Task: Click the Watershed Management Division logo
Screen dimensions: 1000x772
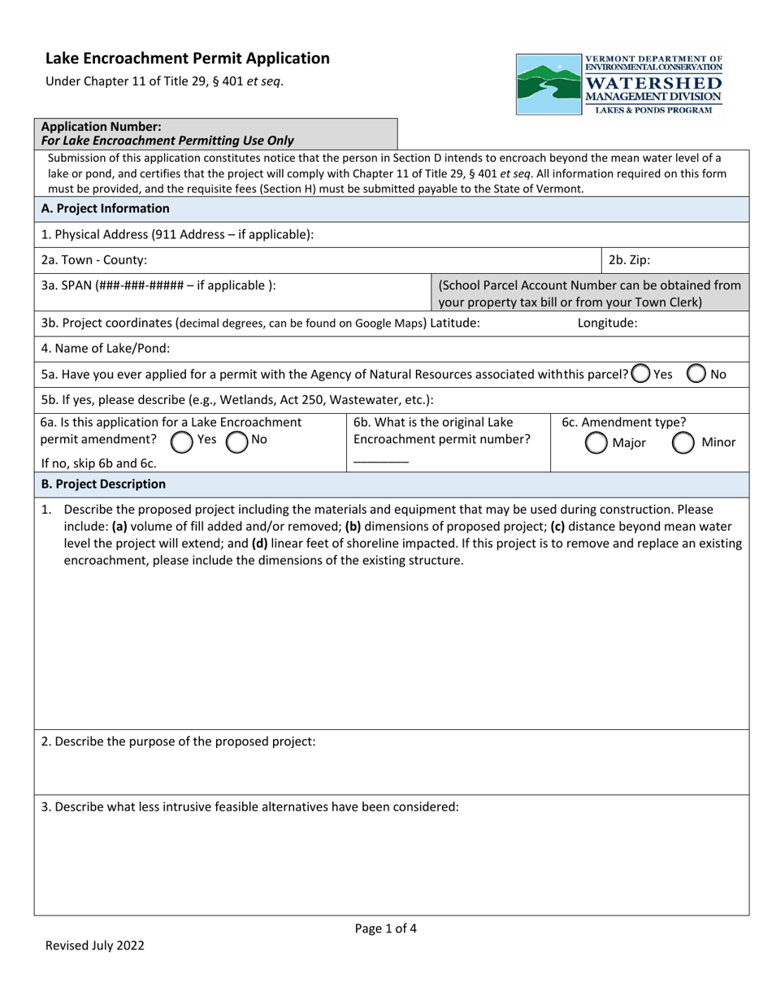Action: pyautogui.click(x=619, y=85)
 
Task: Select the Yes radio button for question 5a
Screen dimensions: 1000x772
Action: pyautogui.click(x=640, y=374)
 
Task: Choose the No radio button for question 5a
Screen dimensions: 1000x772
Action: pyautogui.click(x=696, y=374)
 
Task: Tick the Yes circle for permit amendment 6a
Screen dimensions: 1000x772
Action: pyautogui.click(x=181, y=441)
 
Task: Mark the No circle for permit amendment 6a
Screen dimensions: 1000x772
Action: pyautogui.click(x=236, y=441)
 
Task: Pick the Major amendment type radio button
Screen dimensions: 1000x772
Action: pyautogui.click(x=596, y=442)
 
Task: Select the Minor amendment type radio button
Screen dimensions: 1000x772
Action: pyautogui.click(x=683, y=442)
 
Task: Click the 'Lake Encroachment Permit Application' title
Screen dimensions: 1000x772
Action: pyautogui.click(x=188, y=59)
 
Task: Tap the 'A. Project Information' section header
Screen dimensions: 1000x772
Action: pyautogui.click(x=106, y=209)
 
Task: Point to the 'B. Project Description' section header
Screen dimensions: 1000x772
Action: pyautogui.click(x=103, y=485)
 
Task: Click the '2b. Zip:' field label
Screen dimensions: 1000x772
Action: pyautogui.click(x=629, y=261)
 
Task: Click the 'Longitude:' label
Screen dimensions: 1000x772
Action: pyautogui.click(x=607, y=324)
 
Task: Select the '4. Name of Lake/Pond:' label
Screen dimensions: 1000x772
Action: pyautogui.click(x=106, y=349)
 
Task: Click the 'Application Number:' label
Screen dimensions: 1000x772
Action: pyautogui.click(x=101, y=127)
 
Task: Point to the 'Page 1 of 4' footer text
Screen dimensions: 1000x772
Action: pyautogui.click(x=386, y=928)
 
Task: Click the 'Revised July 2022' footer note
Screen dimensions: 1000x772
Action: pyautogui.click(x=94, y=946)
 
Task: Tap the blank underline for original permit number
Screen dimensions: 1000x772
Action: pyautogui.click(x=381, y=461)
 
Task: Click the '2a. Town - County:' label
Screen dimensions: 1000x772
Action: pyautogui.click(x=94, y=261)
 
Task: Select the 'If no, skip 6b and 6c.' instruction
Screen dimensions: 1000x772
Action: pyautogui.click(x=98, y=463)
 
